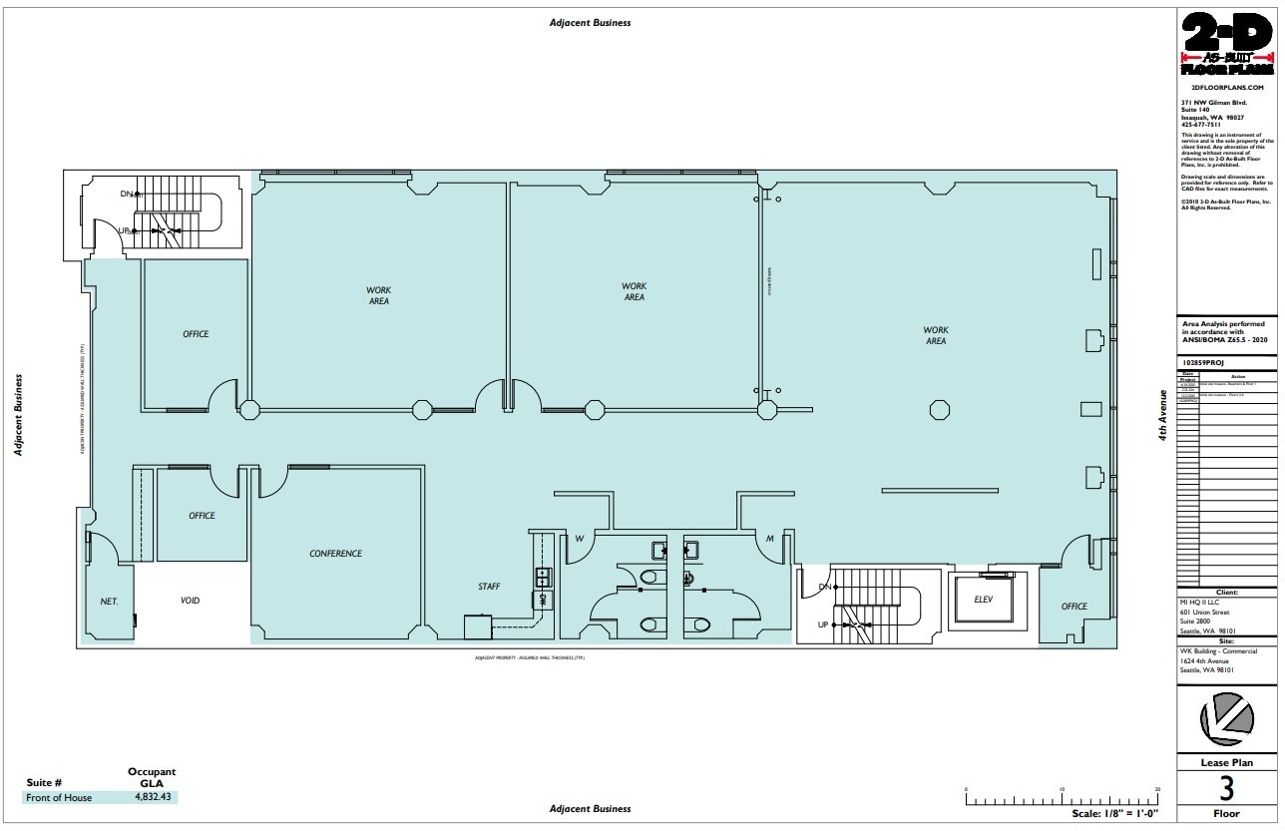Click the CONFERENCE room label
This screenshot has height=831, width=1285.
pos(335,554)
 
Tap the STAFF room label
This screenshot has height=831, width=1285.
pos(489,587)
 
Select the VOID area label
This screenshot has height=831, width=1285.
pos(190,601)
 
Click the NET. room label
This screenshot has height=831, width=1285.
pos(109,602)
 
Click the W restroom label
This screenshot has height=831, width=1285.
pos(578,540)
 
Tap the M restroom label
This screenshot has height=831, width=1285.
pos(770,540)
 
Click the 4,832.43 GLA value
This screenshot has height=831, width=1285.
pos(153,797)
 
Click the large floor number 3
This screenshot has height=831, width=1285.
pos(1226,789)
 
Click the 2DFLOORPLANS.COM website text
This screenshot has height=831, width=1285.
pos(1226,88)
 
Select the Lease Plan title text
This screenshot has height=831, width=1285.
pos(1226,762)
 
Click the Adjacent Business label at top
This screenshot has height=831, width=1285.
pos(590,23)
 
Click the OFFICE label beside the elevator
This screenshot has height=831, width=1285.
pos(1074,607)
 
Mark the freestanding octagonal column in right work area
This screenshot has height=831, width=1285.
pos(939,408)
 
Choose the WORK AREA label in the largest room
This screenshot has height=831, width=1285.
pos(935,335)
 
